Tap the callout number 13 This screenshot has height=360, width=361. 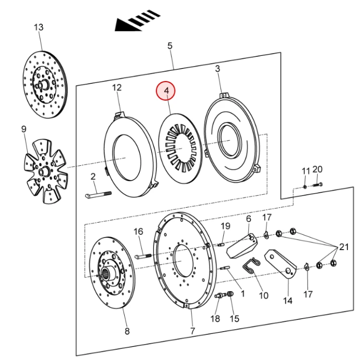[x=39, y=27]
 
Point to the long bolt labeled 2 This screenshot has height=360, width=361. [x=98, y=195]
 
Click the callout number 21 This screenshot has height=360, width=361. [x=343, y=247]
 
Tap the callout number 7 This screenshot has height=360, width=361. [x=192, y=331]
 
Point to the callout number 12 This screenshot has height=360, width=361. [x=117, y=88]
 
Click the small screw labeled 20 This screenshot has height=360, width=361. [x=318, y=183]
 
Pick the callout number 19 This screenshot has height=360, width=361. [x=225, y=227]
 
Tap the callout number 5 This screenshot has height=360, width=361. [x=169, y=46]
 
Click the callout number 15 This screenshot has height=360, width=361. [x=234, y=319]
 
